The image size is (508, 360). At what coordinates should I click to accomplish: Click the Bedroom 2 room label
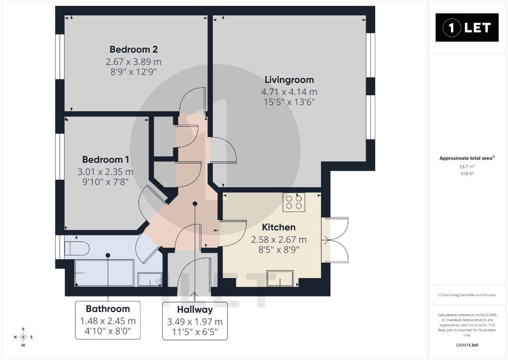tap(133, 49)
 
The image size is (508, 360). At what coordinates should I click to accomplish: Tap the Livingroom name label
tap(289, 80)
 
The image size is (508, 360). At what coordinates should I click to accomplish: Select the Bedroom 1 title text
tap(106, 159)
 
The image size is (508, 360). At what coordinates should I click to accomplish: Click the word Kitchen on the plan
tap(279, 227)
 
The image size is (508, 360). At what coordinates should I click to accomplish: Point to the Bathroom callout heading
tap(108, 309)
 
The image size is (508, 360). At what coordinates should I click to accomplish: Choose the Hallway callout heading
tap(194, 310)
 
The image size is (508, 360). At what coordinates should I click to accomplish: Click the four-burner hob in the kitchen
tap(294, 202)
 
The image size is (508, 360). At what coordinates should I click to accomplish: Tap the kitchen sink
tap(280, 279)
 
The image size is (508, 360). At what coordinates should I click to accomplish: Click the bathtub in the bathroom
tap(104, 273)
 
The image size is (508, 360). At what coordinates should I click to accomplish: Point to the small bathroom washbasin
tap(150, 280)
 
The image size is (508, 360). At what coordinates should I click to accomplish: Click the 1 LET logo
tap(467, 28)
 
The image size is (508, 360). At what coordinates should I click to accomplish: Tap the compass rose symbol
tap(23, 337)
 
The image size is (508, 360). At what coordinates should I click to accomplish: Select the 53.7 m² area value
tap(467, 167)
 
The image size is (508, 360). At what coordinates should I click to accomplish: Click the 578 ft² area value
tap(467, 174)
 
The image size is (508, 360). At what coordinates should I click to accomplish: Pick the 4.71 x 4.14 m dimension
tap(289, 92)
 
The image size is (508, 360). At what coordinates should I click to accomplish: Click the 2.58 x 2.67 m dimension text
tap(279, 240)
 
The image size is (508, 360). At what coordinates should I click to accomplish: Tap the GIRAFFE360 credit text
tap(467, 345)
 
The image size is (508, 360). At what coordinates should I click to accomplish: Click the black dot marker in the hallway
tap(195, 204)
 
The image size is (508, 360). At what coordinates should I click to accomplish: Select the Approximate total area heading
tap(467, 158)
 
